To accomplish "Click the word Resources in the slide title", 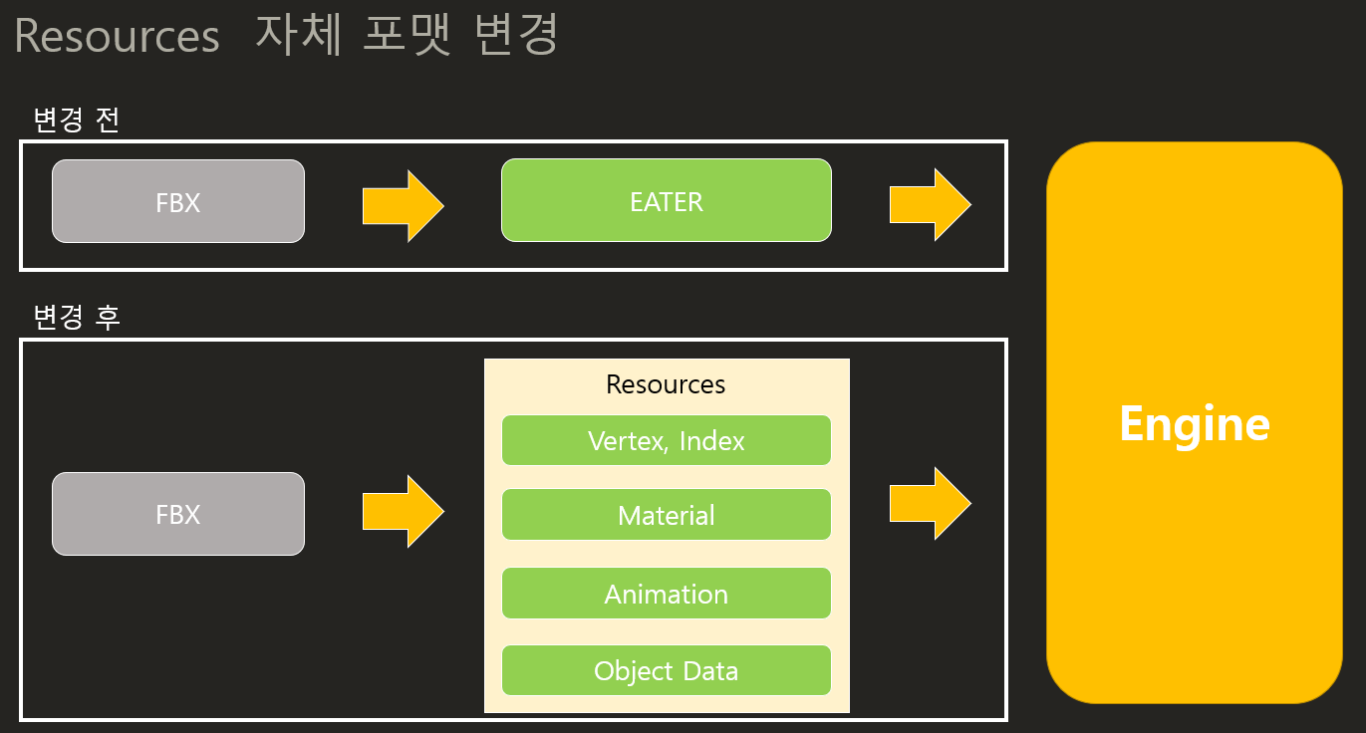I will (117, 37).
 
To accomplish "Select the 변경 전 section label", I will (76, 121).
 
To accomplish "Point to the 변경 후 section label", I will (76, 318).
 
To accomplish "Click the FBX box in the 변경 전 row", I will (178, 201).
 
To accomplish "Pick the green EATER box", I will (666, 200).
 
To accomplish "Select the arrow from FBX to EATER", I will (403, 205).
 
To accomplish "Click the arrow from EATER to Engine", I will (930, 204).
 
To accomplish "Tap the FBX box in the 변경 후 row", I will (178, 514).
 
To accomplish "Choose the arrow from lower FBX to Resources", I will (403, 511).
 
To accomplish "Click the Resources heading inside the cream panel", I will (666, 384).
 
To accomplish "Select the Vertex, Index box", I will (666, 440).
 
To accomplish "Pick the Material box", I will (666, 515).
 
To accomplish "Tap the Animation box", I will (666, 594).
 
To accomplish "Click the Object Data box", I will (666, 670).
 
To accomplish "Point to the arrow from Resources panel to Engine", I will (930, 504).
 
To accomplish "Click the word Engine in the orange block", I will (1194, 423).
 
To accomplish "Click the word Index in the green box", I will (711, 440).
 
